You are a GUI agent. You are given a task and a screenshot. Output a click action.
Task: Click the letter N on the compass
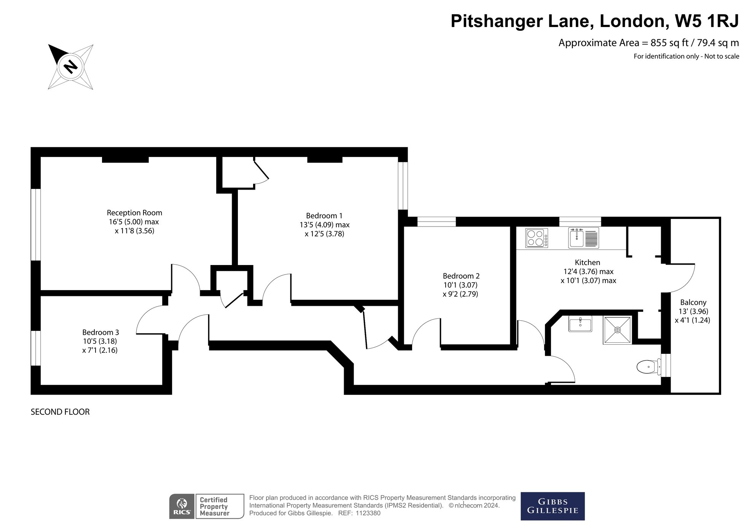(x=70, y=67)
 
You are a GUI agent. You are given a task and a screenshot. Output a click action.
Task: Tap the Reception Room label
(x=134, y=212)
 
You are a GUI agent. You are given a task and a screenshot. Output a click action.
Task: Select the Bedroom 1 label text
(x=324, y=216)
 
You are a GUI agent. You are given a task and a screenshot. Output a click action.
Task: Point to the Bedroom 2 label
(x=461, y=276)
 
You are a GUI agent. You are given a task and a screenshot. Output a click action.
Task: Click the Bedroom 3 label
(x=100, y=332)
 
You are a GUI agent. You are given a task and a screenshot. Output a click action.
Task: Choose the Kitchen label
(x=587, y=262)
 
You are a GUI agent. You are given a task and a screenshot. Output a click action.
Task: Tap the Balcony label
(x=693, y=302)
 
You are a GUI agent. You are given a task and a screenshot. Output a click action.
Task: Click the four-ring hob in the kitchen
(x=537, y=238)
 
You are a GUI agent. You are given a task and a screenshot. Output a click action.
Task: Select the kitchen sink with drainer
(x=583, y=238)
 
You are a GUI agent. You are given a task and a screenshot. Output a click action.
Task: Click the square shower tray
(x=617, y=330)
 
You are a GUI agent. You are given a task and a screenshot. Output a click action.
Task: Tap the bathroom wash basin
(x=580, y=324)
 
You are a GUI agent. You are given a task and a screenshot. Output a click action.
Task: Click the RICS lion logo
(x=182, y=506)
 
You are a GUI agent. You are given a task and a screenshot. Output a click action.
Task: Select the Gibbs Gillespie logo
(x=553, y=506)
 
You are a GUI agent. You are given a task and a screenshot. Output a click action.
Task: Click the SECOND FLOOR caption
(x=60, y=412)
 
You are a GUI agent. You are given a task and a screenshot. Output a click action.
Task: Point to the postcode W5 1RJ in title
(x=707, y=21)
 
